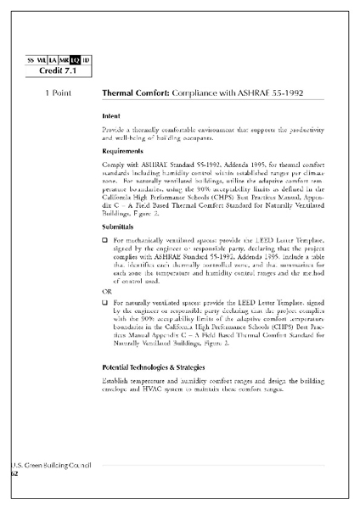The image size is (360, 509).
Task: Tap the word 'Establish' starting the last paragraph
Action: click(117, 381)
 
